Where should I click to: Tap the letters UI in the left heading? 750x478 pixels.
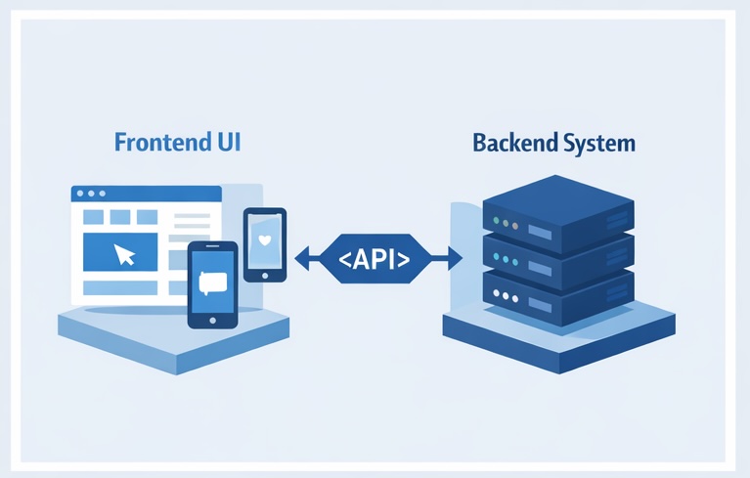(x=225, y=143)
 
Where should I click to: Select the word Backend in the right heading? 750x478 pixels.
(x=512, y=144)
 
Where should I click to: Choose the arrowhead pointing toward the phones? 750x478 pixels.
(x=301, y=259)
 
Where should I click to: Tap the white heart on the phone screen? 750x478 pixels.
(x=264, y=239)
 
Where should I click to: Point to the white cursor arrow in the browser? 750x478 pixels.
(x=124, y=255)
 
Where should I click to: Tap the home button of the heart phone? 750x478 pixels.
(x=264, y=275)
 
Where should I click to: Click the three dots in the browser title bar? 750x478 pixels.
(x=90, y=194)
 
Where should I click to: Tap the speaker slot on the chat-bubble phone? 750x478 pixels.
(x=212, y=248)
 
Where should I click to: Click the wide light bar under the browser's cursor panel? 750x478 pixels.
(x=118, y=288)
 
